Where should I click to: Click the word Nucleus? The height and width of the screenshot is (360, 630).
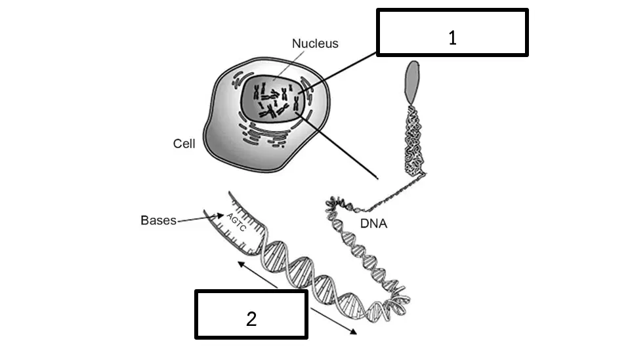315,43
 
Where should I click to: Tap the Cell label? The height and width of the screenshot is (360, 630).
184,144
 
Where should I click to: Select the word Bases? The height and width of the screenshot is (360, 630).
158,220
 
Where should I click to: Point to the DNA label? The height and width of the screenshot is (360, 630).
373,224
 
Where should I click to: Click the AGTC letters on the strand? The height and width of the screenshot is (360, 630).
236,222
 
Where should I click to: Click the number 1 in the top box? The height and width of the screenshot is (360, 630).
452,38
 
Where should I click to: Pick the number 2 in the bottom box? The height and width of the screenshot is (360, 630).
251,319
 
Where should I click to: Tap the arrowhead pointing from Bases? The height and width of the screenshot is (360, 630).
220,216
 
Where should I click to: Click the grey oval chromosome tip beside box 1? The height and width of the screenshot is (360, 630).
412,82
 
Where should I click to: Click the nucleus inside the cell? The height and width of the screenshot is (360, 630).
273,99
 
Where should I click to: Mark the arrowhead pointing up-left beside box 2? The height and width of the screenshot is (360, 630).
241,265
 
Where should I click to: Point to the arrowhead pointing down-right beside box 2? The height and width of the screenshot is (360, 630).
352,331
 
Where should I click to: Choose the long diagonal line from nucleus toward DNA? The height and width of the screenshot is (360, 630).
336,146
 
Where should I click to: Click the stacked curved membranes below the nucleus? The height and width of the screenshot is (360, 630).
265,134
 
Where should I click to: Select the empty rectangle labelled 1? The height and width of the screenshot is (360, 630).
452,33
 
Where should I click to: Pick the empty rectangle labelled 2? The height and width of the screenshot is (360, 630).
251,315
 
